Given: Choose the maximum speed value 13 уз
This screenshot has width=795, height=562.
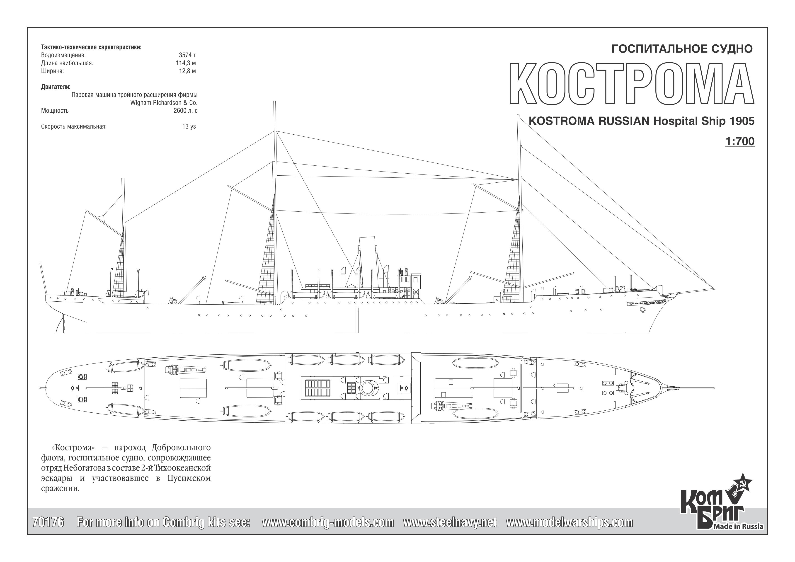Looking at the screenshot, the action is pos(189,126).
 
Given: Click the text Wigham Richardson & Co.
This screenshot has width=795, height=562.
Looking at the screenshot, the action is pos(164,103).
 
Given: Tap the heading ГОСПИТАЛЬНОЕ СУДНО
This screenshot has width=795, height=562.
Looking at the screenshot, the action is pos(682,49).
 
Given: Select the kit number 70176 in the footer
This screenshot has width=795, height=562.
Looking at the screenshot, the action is pos(48,522).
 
